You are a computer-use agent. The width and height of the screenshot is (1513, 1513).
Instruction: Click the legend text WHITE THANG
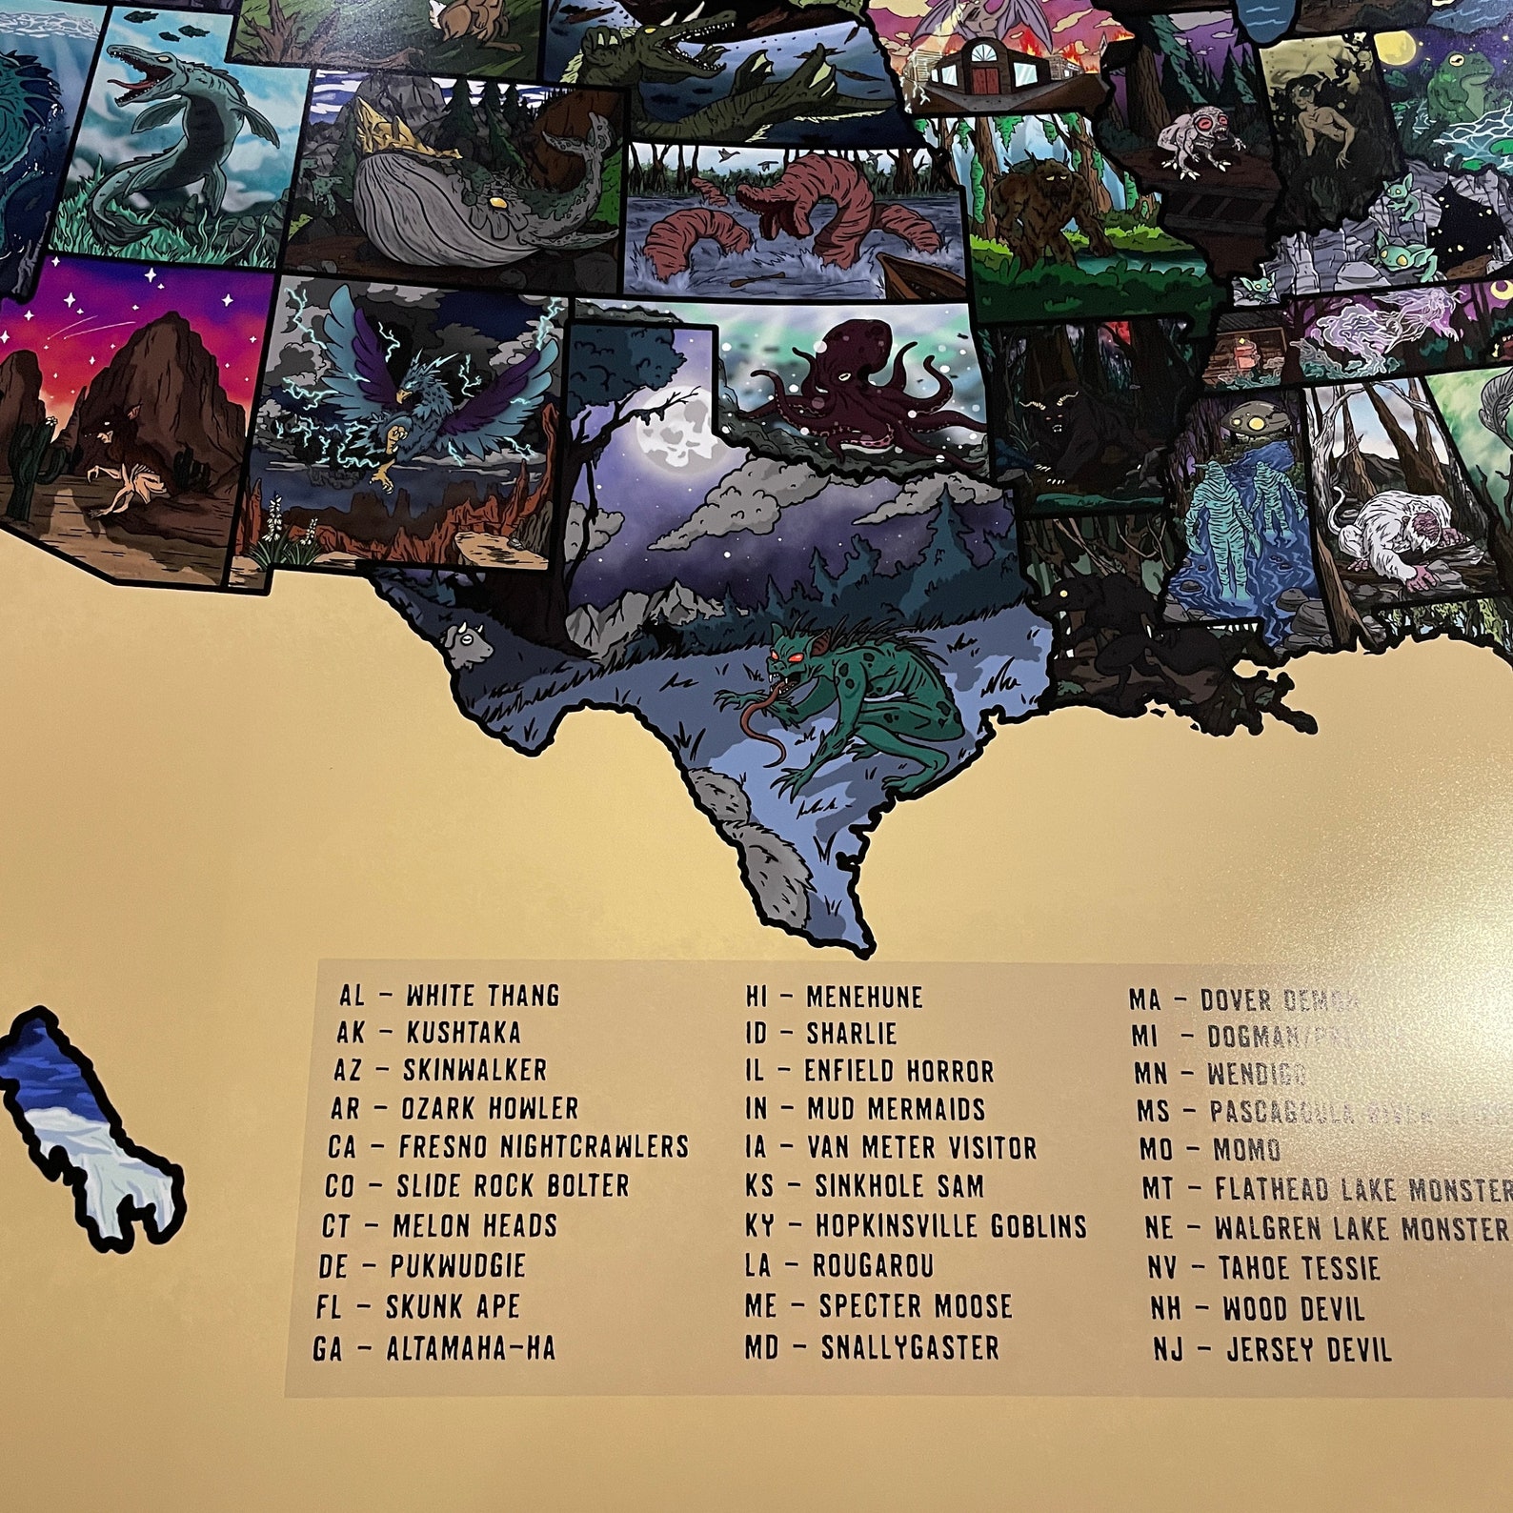(x=482, y=997)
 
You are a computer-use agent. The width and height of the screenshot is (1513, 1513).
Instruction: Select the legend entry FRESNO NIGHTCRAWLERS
(x=543, y=1146)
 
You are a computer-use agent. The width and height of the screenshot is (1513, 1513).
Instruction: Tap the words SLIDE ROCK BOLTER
(x=513, y=1186)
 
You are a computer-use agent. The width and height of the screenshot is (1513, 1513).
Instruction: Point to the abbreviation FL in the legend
(x=328, y=1307)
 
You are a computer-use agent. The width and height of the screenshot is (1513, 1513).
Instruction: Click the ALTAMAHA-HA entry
(x=470, y=1349)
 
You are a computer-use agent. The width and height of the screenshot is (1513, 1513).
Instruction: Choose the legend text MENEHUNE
(x=864, y=998)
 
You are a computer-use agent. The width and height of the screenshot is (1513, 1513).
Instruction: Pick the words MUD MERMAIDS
(x=896, y=1110)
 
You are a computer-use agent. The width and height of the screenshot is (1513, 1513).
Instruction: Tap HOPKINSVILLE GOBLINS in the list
(x=950, y=1226)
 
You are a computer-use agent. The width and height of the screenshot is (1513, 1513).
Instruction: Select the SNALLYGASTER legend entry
(x=910, y=1348)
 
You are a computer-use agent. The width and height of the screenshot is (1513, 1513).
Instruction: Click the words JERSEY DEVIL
(x=1308, y=1350)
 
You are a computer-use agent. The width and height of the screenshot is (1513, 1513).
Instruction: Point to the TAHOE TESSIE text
(x=1299, y=1269)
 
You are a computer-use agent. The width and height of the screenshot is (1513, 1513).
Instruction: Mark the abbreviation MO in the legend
(x=1156, y=1150)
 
